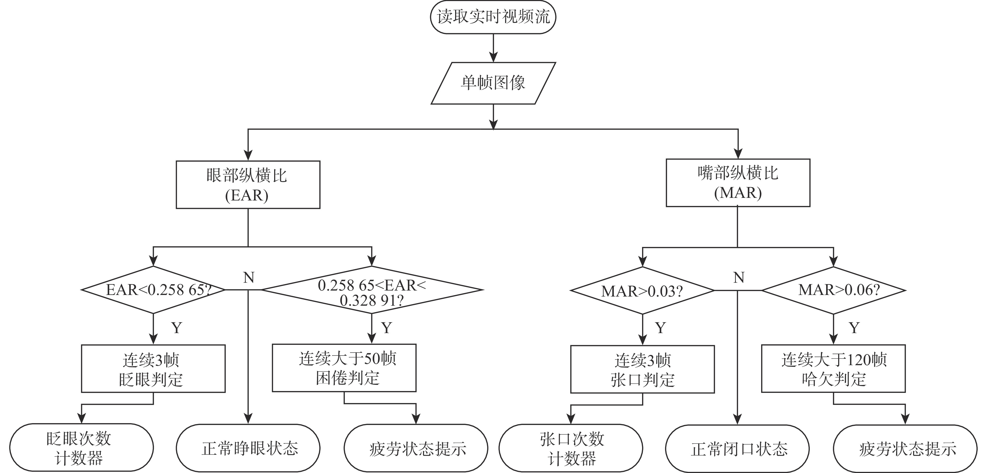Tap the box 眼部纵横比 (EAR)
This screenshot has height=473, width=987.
tap(248, 185)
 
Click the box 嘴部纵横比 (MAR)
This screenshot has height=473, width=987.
tap(738, 183)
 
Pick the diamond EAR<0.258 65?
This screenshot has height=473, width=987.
tap(153, 290)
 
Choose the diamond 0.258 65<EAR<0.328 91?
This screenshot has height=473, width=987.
tap(372, 290)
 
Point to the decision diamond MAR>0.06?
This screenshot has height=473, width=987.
tap(833, 290)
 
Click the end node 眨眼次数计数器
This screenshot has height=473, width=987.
tap(81, 447)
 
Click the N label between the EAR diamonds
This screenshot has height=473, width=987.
tap(249, 277)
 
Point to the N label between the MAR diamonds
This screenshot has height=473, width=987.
tap(738, 277)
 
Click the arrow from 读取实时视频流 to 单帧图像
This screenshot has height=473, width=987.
tap(493, 48)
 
